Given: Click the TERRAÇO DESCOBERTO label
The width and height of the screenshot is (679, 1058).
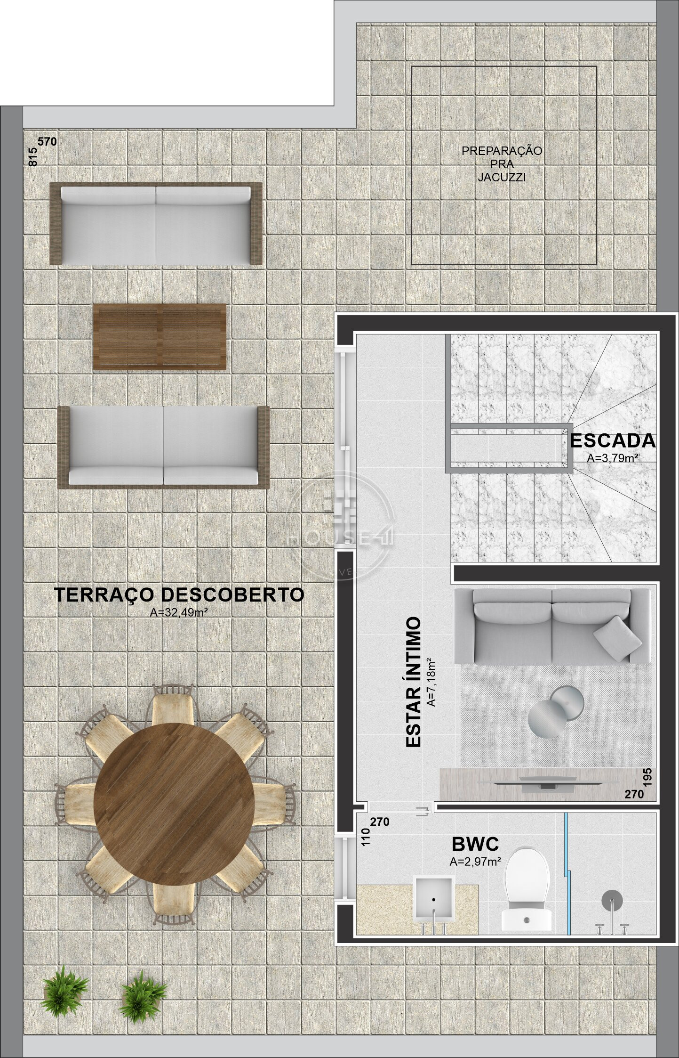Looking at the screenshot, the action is (179, 595).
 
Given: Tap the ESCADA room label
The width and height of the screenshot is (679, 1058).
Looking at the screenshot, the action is (613, 441).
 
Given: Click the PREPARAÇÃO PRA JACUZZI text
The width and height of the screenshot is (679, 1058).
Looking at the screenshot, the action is (502, 164).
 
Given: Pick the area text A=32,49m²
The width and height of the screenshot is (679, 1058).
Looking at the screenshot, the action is (178, 612).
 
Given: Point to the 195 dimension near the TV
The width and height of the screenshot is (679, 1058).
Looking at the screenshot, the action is (648, 779).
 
